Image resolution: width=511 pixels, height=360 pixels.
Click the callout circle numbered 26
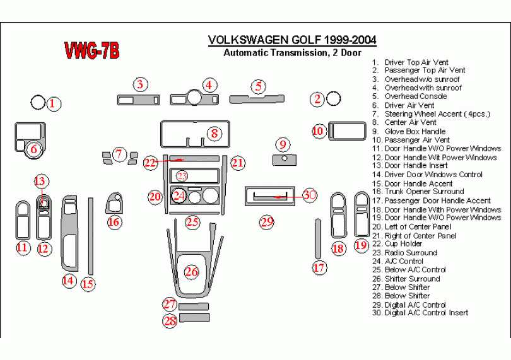click(x=191, y=272)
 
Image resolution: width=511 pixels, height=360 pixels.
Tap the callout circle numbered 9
click(x=283, y=144)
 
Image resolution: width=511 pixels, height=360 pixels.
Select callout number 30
click(x=309, y=195)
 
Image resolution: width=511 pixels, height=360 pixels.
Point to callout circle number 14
click(x=68, y=281)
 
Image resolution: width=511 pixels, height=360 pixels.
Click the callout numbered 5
click(x=257, y=86)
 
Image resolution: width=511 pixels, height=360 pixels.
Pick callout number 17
click(x=319, y=267)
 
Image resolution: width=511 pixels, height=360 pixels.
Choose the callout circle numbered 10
click(x=319, y=131)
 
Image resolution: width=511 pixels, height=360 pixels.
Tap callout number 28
click(x=170, y=321)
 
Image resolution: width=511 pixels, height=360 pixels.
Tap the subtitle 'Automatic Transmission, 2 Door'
click(x=292, y=53)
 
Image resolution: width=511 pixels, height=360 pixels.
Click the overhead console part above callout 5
click(x=255, y=98)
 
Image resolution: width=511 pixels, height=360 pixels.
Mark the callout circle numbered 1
click(x=55, y=104)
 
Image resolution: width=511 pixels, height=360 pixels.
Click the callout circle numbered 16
click(x=114, y=221)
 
